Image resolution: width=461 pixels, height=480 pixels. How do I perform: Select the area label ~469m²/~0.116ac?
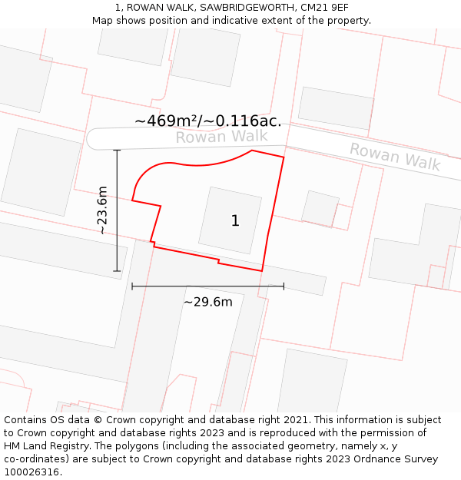[207, 121]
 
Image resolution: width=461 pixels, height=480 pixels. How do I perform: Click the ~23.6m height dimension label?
[102, 210]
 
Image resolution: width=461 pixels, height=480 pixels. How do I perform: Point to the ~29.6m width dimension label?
[207, 302]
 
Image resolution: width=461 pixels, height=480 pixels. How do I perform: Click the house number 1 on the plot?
[235, 221]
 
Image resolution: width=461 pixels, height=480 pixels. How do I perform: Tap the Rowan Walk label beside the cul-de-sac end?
[221, 137]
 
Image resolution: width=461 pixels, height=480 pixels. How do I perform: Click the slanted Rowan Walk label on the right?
[395, 157]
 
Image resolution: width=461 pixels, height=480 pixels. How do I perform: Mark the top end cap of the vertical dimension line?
[117, 150]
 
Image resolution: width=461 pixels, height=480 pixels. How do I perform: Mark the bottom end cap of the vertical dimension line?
[117, 271]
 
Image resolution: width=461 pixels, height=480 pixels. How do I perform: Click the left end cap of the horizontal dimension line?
[132, 286]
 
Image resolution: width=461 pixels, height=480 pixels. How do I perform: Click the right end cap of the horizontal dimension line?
[284, 286]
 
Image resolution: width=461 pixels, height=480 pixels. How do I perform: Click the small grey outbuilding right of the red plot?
[320, 208]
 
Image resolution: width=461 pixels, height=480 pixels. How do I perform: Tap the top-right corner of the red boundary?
[284, 157]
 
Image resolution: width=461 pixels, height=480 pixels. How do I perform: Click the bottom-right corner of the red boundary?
[262, 271]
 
